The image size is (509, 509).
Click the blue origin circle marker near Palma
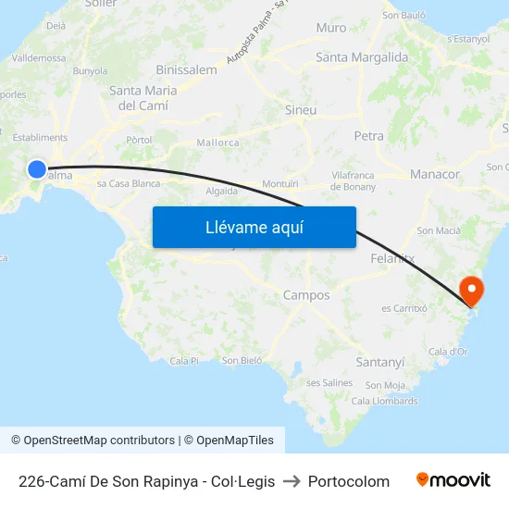click(x=36, y=168)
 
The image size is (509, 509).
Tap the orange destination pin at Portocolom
click(x=472, y=290)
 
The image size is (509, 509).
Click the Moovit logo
click(x=453, y=480)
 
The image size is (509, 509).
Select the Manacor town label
click(x=435, y=174)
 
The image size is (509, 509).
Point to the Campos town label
click(x=306, y=295)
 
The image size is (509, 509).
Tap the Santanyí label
click(x=380, y=362)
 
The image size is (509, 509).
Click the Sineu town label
click(x=301, y=110)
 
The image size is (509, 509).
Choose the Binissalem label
click(x=187, y=69)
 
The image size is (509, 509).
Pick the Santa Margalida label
click(x=362, y=57)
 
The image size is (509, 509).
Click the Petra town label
click(x=368, y=136)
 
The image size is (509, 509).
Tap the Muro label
click(x=331, y=28)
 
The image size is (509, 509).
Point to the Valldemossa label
click(x=39, y=57)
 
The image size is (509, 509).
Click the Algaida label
click(x=221, y=191)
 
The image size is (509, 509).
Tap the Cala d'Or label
click(x=449, y=352)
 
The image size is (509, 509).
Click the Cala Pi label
click(x=184, y=360)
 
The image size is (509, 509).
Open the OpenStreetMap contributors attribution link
click(x=99, y=441)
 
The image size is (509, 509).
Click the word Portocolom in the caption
click(x=349, y=481)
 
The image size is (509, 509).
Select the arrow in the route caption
click(x=292, y=481)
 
